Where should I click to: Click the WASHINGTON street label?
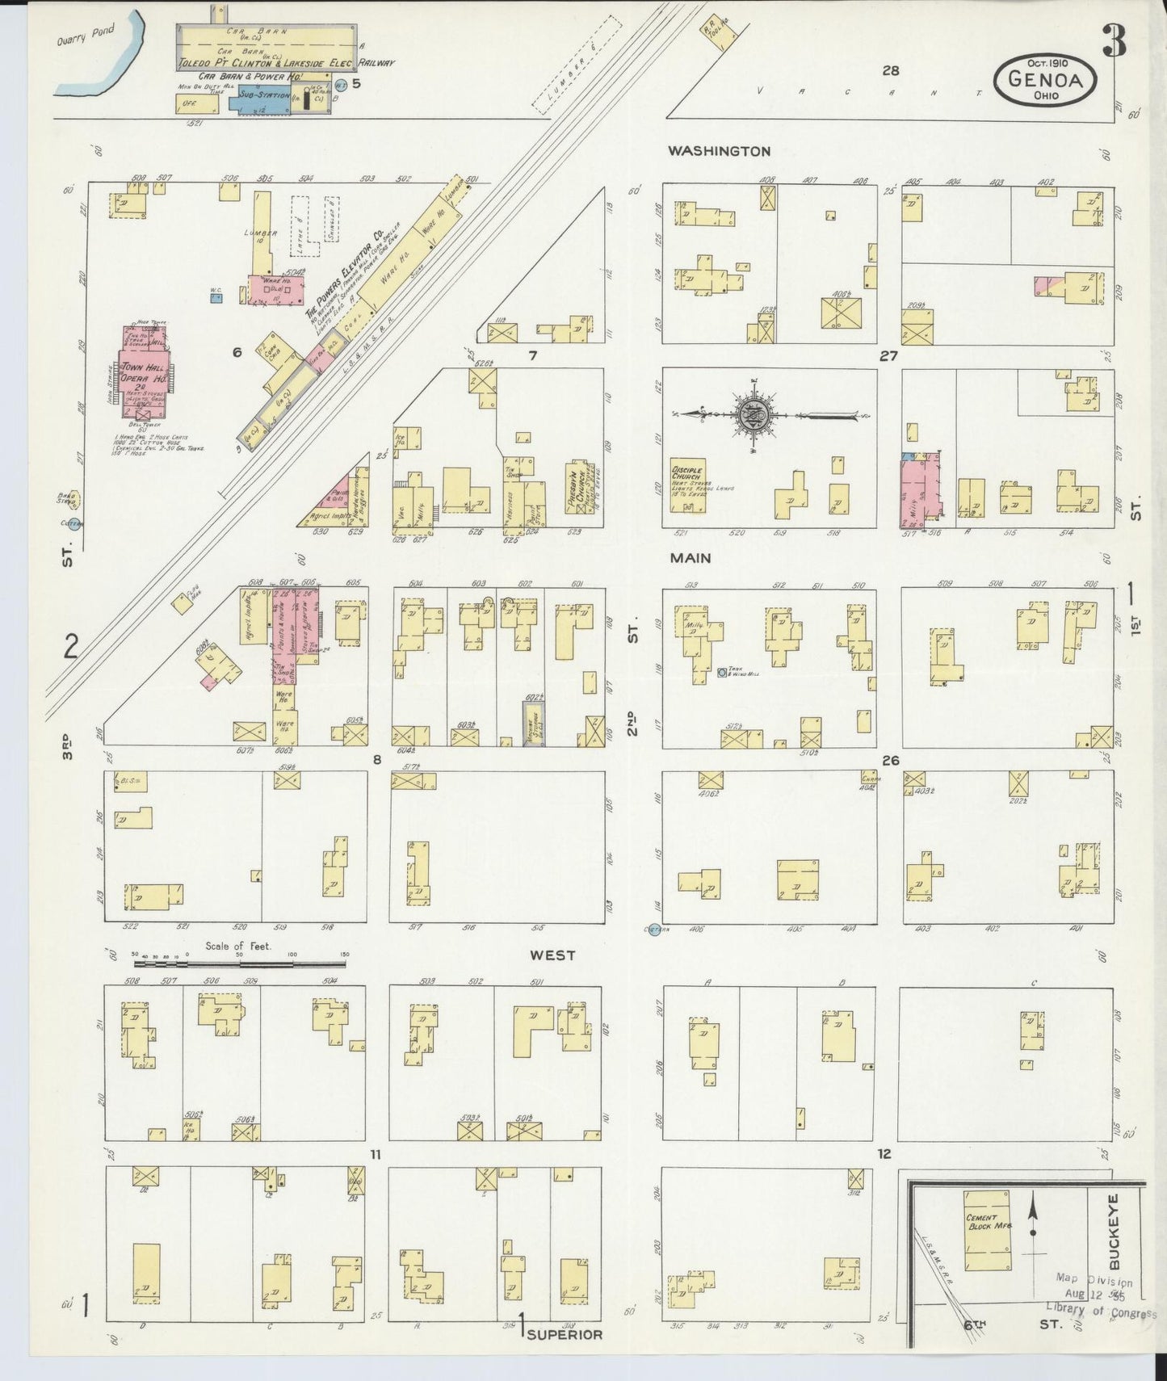tap(719, 150)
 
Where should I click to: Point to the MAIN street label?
tap(690, 557)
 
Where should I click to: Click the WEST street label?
tap(552, 955)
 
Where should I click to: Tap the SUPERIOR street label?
tap(565, 1333)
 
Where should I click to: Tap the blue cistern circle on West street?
tap(654, 930)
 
